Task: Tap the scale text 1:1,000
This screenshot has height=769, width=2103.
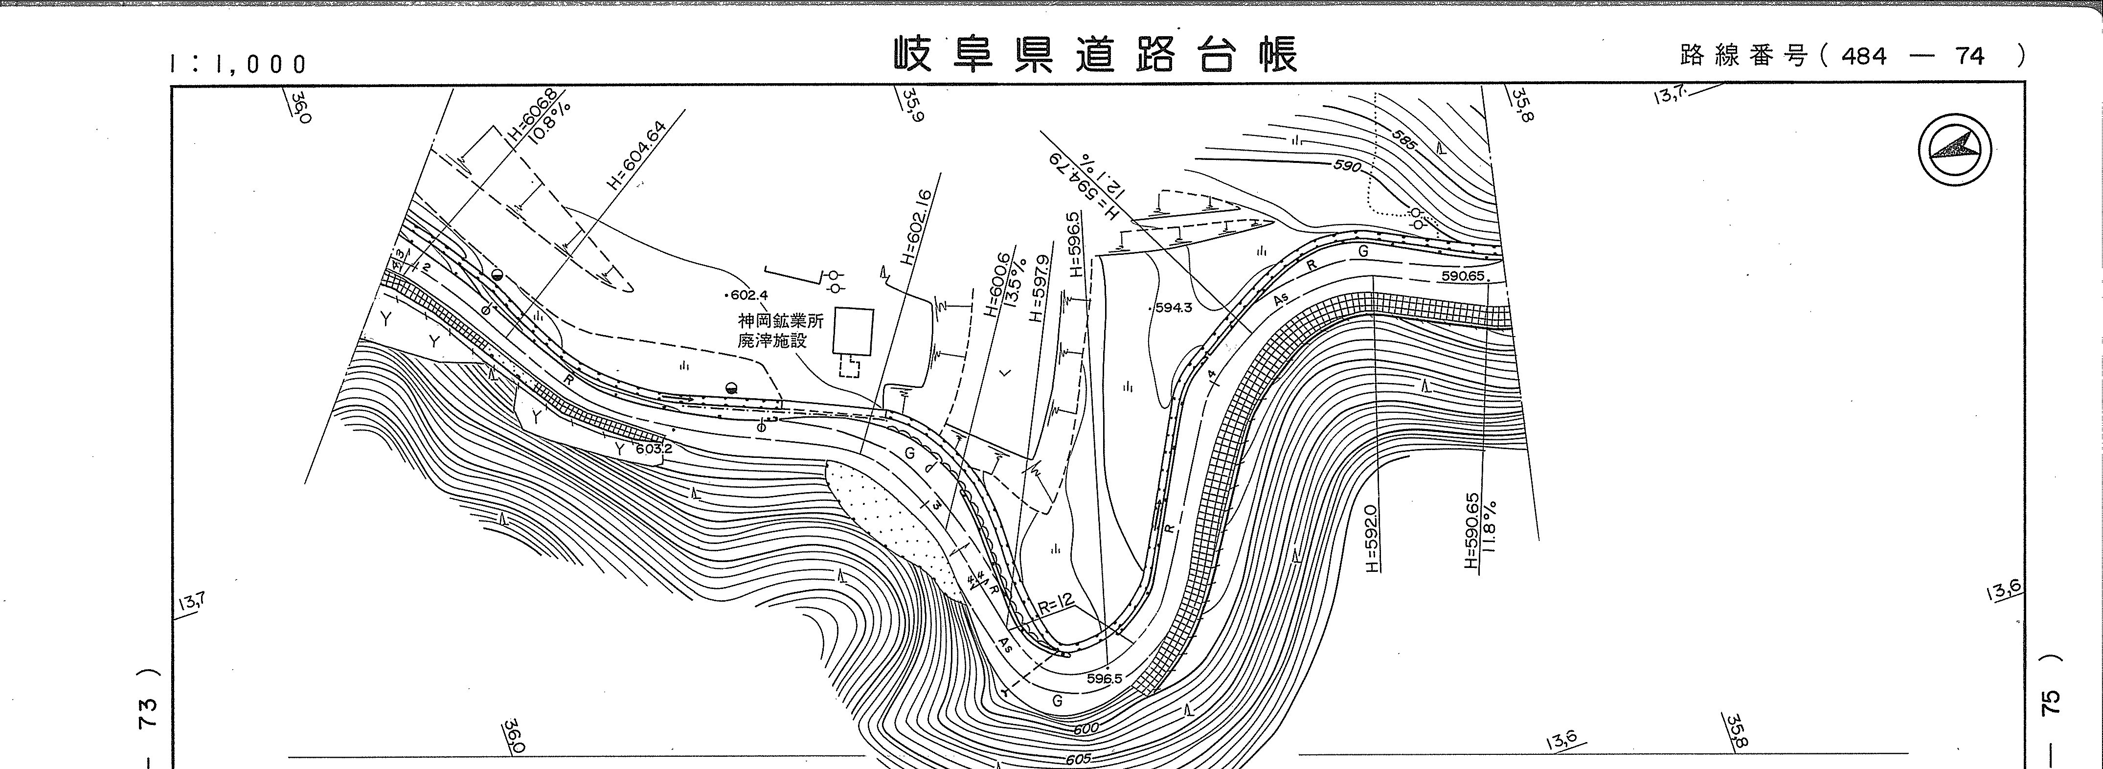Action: [x=238, y=64]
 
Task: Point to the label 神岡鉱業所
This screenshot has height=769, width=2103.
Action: [x=780, y=321]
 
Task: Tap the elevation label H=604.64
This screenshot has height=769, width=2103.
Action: [x=637, y=155]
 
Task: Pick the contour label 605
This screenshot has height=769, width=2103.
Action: [x=1078, y=758]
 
